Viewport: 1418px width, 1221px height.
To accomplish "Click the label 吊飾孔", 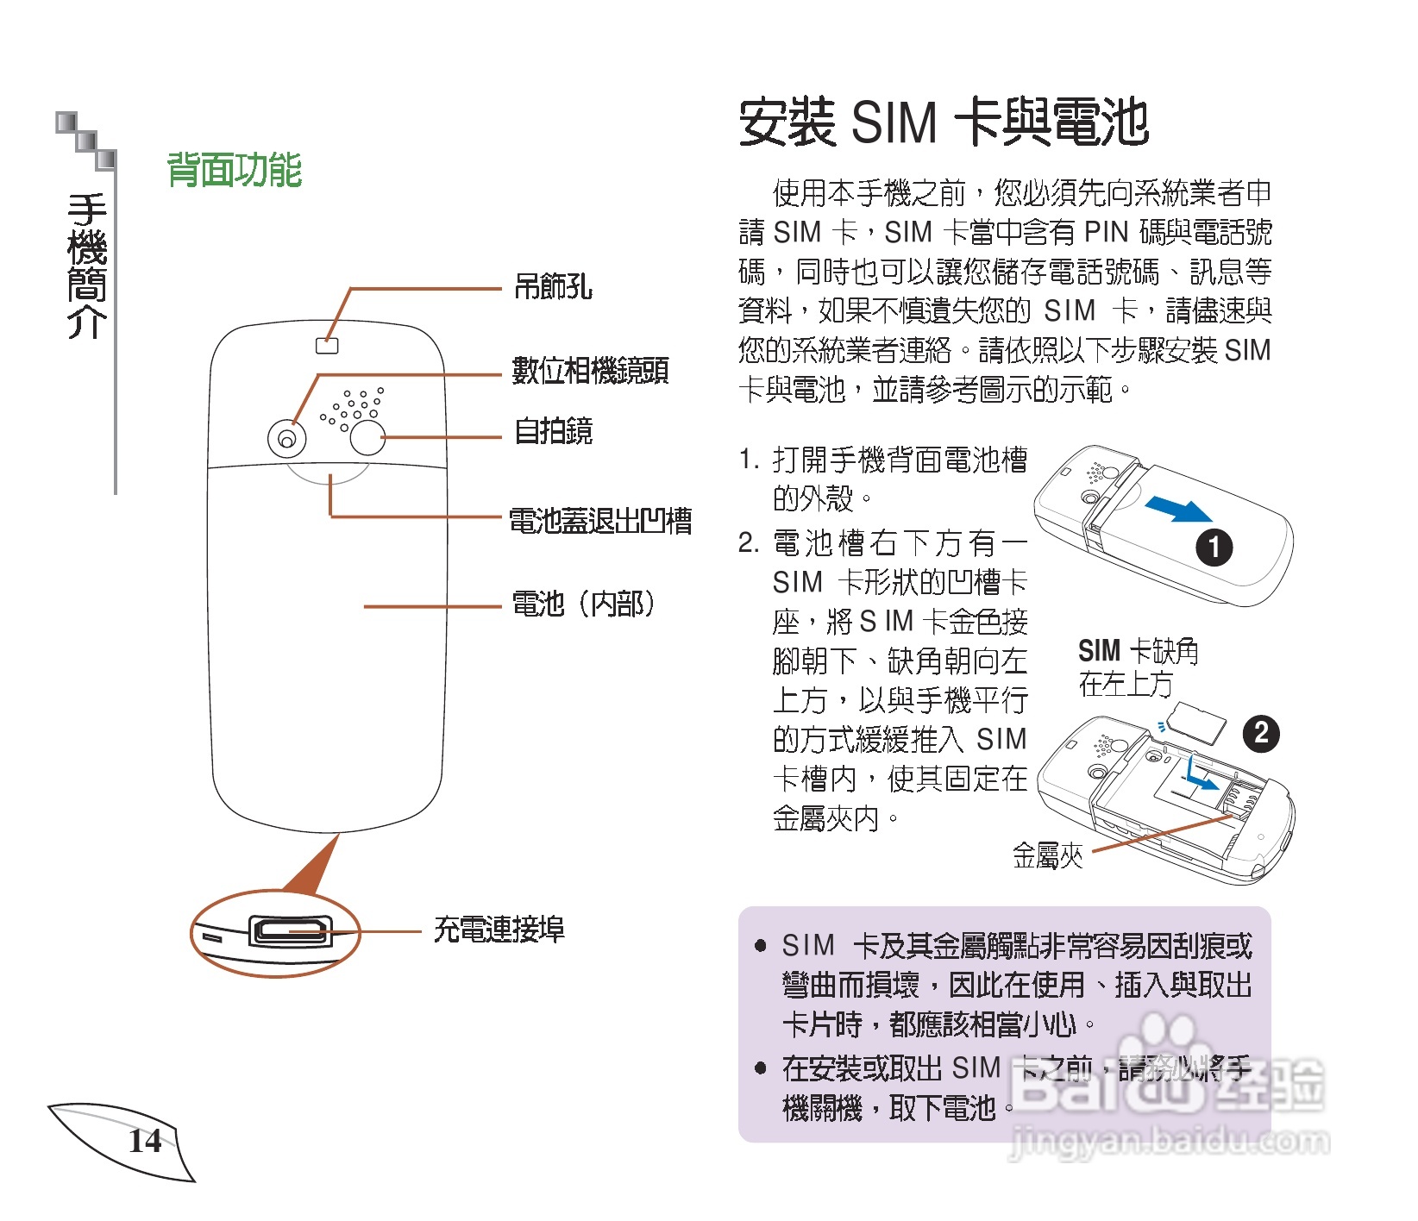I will point(553,286).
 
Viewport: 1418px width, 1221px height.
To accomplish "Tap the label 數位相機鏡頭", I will point(590,371).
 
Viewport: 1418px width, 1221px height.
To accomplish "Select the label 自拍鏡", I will point(553,431).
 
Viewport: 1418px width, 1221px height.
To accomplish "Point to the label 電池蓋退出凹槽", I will point(600,521).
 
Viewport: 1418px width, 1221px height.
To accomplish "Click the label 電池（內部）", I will point(583,604).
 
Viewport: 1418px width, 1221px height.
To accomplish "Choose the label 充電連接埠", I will point(499,930).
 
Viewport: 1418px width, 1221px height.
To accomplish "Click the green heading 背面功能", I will point(234,170).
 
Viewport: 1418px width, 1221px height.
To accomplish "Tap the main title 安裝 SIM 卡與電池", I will point(944,122).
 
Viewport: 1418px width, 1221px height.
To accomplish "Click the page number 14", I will point(145,1142).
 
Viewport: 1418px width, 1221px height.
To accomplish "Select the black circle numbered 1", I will point(1214,548).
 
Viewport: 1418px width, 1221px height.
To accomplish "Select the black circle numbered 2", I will point(1260,734).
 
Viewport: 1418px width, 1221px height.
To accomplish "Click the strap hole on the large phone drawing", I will point(327,346).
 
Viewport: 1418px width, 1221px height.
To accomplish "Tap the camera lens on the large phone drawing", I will point(286,440).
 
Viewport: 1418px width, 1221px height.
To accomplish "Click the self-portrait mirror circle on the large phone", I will point(367,437).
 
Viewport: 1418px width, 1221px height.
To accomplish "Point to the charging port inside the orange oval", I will point(290,931).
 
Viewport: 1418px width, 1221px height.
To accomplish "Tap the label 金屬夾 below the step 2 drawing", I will point(1047,855).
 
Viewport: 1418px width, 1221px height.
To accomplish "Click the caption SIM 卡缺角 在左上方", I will point(1137,667).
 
